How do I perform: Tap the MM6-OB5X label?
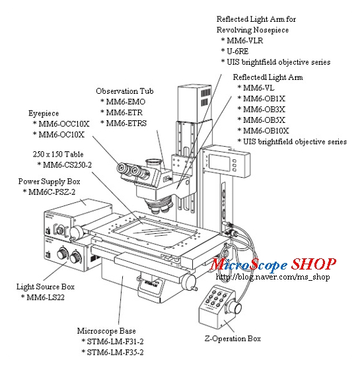[265, 120]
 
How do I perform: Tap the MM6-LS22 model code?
[49, 298]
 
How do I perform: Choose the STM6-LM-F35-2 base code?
[117, 352]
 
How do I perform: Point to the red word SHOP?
[314, 264]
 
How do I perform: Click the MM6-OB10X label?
[267, 130]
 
